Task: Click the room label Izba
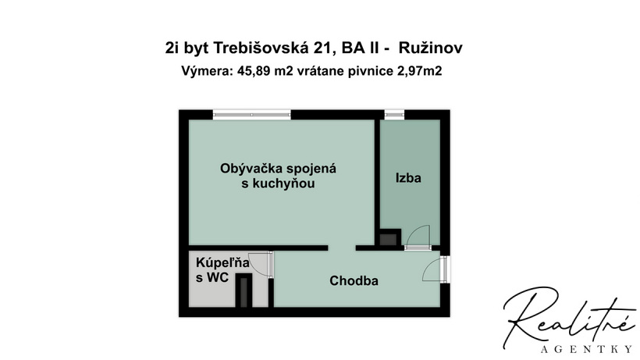coord(408,178)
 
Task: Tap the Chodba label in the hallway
coord(354,281)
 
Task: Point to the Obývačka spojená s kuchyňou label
coord(278,176)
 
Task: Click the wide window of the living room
coord(252,115)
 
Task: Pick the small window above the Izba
coord(394,115)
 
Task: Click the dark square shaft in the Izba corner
coord(388,237)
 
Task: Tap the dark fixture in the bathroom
coord(244,290)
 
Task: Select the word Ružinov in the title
coord(431,48)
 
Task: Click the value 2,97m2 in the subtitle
coord(420,71)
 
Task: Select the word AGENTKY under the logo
coord(586,349)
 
